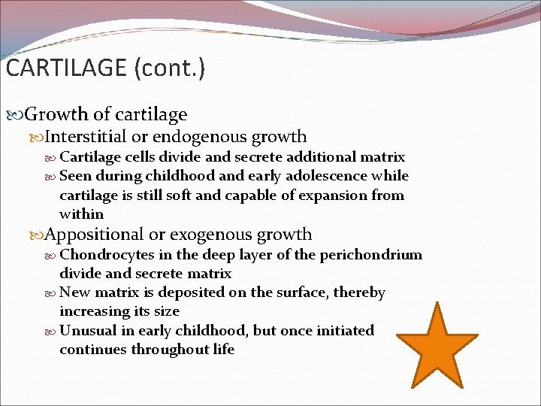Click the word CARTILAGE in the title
(x=66, y=68)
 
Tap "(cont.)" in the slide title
(x=169, y=68)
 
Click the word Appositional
(x=93, y=235)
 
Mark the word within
(x=81, y=214)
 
